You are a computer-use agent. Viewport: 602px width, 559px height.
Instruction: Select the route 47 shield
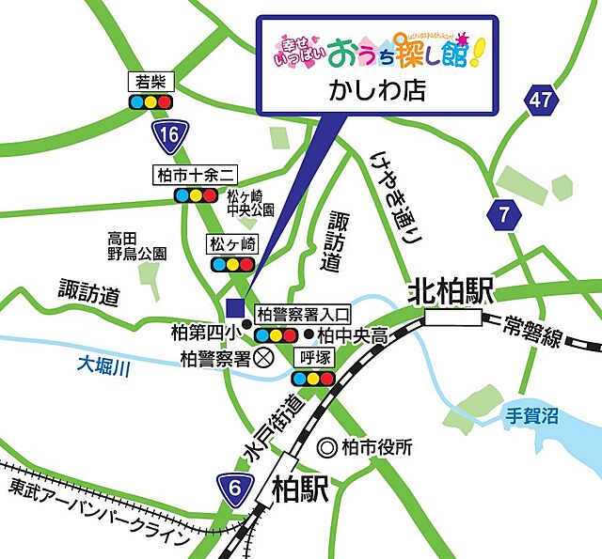point(538,100)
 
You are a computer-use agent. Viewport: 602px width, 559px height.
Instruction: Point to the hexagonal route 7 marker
point(505,214)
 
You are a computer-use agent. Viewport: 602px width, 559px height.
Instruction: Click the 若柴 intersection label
point(150,81)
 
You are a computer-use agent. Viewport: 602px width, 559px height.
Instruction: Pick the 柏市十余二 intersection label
point(197,175)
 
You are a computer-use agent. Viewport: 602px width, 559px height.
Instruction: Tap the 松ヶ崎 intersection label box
point(232,244)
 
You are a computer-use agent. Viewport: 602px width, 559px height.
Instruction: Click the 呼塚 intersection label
point(312,358)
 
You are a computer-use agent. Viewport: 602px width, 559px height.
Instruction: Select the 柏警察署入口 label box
point(303,314)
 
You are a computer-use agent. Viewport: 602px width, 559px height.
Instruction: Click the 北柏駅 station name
point(451,293)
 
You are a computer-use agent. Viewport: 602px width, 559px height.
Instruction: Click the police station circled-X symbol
point(264,357)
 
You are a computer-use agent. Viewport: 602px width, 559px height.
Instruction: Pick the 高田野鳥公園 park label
point(136,245)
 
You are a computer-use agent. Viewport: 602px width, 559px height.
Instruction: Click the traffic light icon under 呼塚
point(312,378)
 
